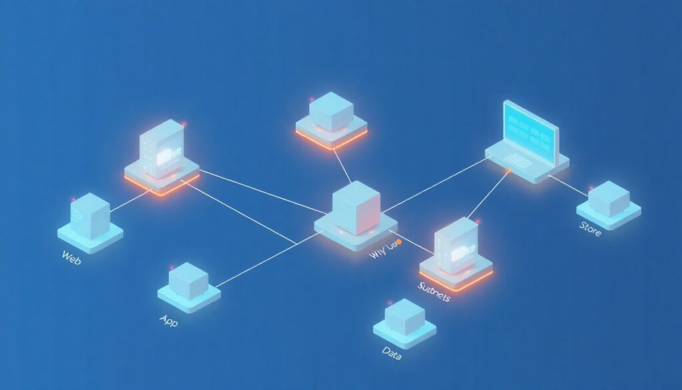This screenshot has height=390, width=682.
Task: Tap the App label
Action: click(169, 320)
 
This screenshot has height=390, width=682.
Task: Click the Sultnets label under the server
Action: click(434, 291)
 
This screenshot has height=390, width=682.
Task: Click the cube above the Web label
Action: click(90, 215)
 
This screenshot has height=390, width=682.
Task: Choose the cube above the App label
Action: click(188, 281)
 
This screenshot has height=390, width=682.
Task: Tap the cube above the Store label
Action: click(608, 198)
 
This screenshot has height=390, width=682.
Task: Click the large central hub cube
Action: click(356, 207)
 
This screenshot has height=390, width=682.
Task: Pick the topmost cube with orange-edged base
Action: click(331, 111)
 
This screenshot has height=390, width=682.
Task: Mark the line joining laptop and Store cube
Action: click(568, 186)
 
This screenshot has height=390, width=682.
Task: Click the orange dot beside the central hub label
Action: click(398, 241)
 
